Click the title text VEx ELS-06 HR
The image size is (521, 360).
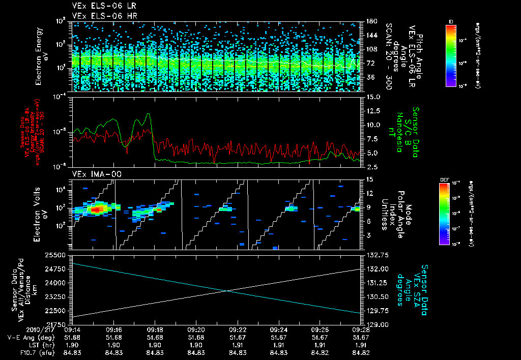[99, 16]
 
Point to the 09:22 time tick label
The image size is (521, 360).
[238, 329]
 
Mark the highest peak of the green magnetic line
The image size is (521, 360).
[148, 114]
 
